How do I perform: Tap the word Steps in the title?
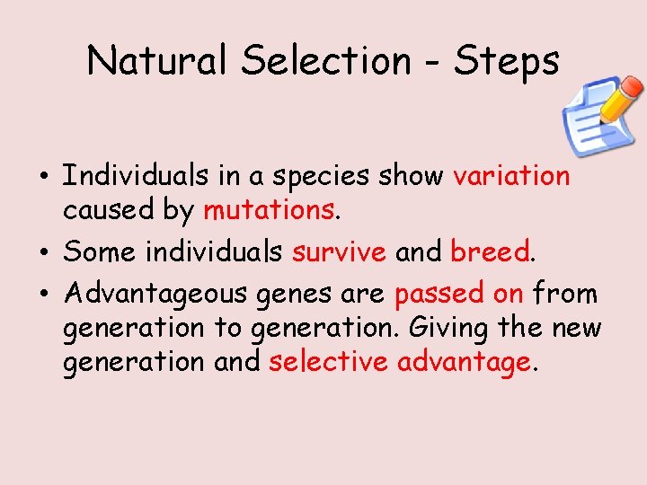[x=507, y=61]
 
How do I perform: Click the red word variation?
[x=511, y=176]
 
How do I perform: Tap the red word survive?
[x=339, y=252]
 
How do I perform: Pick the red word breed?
[x=491, y=252]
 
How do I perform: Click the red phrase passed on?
[x=459, y=294]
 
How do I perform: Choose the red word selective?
[x=329, y=362]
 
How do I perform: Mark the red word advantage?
[x=465, y=364]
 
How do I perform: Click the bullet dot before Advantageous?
[x=44, y=295]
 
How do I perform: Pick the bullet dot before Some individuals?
[x=44, y=253]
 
